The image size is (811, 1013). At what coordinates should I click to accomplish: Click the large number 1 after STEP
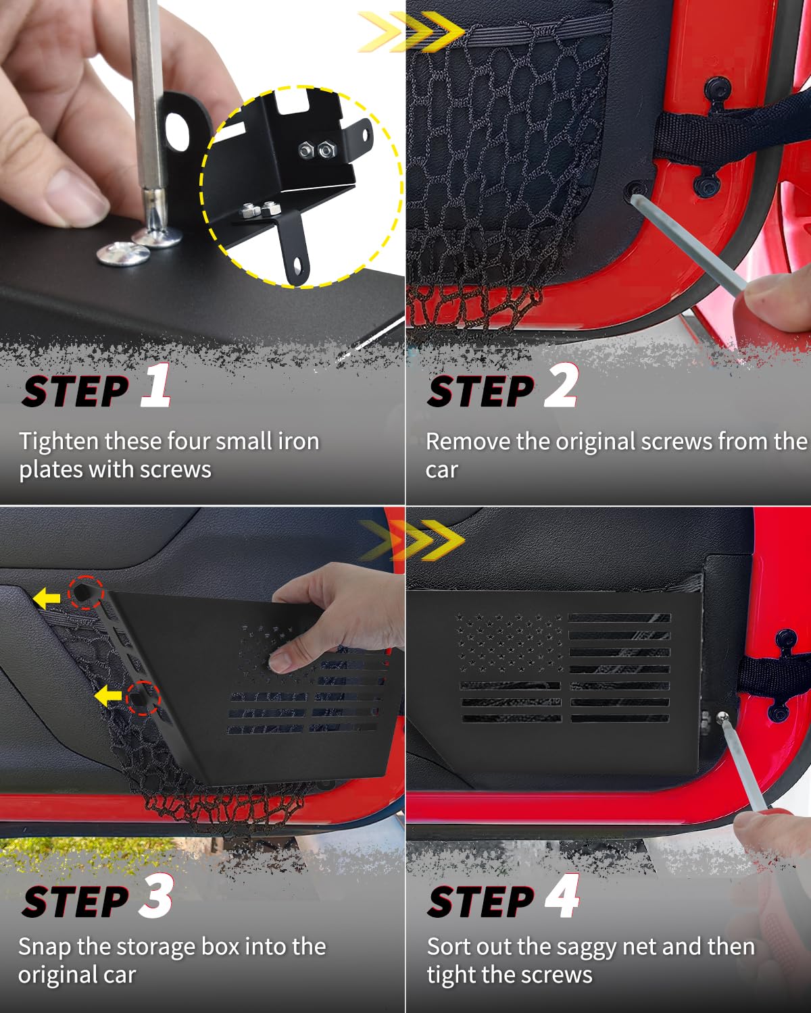pyautogui.click(x=156, y=384)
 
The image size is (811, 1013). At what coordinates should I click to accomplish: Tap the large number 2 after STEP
pyautogui.click(x=561, y=384)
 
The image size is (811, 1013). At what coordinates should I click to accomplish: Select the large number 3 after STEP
pyautogui.click(x=156, y=895)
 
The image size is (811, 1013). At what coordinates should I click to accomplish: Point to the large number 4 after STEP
pyautogui.click(x=562, y=895)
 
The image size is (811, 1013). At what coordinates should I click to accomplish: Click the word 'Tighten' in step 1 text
pyautogui.click(x=58, y=442)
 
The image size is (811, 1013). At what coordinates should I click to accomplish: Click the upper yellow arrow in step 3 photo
pyautogui.click(x=47, y=598)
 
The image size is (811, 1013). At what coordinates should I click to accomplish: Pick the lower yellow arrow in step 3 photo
pyautogui.click(x=108, y=696)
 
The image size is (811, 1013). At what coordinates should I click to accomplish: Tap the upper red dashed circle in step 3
pyautogui.click(x=86, y=592)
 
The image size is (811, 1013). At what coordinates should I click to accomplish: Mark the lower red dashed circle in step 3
pyautogui.click(x=143, y=698)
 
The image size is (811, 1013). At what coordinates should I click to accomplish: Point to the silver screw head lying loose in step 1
pyautogui.click(x=123, y=254)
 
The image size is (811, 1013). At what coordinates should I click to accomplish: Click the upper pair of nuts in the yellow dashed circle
pyautogui.click(x=317, y=150)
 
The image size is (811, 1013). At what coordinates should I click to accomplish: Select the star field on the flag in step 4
pyautogui.click(x=508, y=643)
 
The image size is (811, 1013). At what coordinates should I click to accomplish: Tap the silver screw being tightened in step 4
pyautogui.click(x=722, y=717)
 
